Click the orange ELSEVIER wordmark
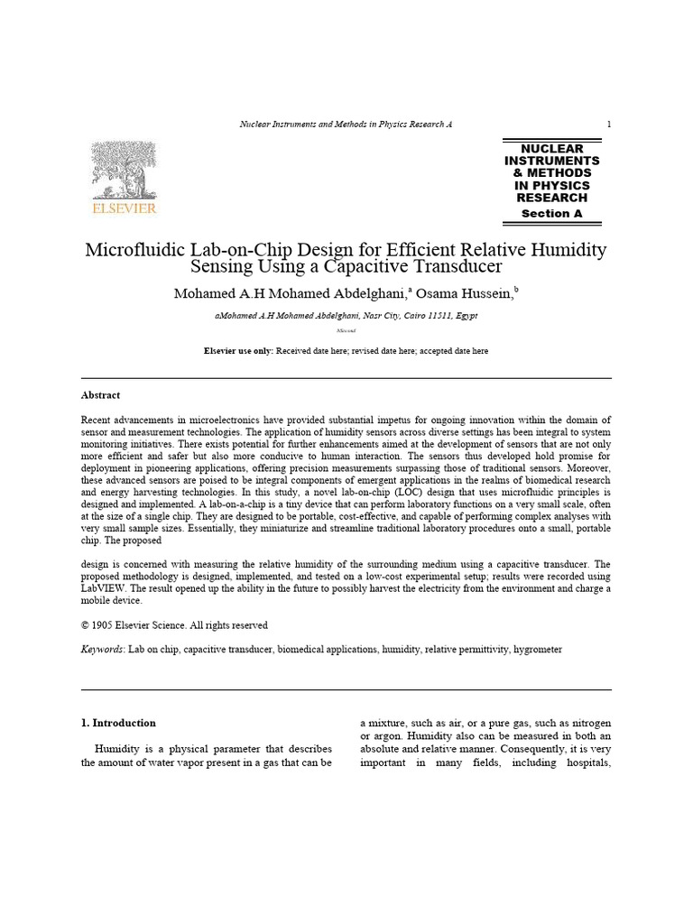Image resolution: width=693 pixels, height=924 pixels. pos(125,208)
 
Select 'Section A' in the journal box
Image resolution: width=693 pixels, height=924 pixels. pos(551,214)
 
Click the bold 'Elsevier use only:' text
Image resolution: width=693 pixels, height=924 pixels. pos(239,351)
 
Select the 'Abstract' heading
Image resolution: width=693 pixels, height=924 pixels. pos(100,395)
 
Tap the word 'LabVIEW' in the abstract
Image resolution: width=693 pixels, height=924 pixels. pos(104,588)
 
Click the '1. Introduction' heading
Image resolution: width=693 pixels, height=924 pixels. pos(118,723)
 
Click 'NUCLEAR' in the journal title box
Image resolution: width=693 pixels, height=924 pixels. pos(552,149)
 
